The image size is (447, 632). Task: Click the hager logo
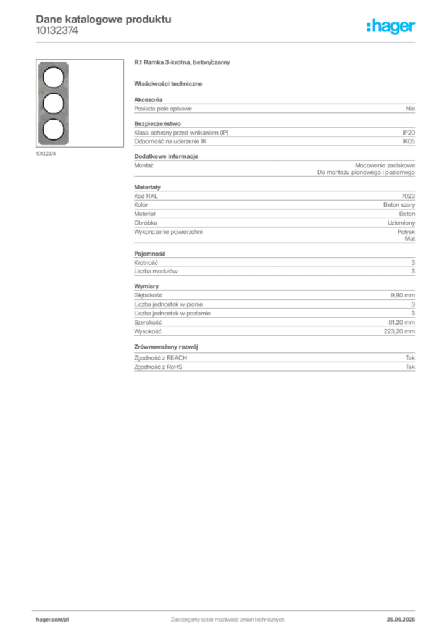(x=390, y=26)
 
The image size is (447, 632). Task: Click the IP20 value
(x=408, y=133)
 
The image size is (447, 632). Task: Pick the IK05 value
(x=408, y=141)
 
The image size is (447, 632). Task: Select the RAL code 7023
(x=408, y=196)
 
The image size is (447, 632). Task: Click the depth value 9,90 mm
(x=403, y=296)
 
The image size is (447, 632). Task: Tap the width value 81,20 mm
(x=401, y=322)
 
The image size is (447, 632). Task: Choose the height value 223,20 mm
(x=399, y=331)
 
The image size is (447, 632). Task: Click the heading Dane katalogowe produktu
(x=104, y=19)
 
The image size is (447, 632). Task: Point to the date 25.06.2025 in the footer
(x=401, y=620)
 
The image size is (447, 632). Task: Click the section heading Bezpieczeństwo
(x=157, y=123)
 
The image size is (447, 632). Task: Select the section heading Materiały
(x=147, y=187)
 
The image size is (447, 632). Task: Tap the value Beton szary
(x=399, y=205)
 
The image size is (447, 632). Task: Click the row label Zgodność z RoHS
(x=158, y=367)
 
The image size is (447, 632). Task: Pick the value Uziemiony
(x=401, y=223)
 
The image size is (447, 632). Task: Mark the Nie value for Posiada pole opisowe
(x=411, y=109)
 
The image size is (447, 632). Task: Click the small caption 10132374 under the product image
(x=46, y=154)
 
